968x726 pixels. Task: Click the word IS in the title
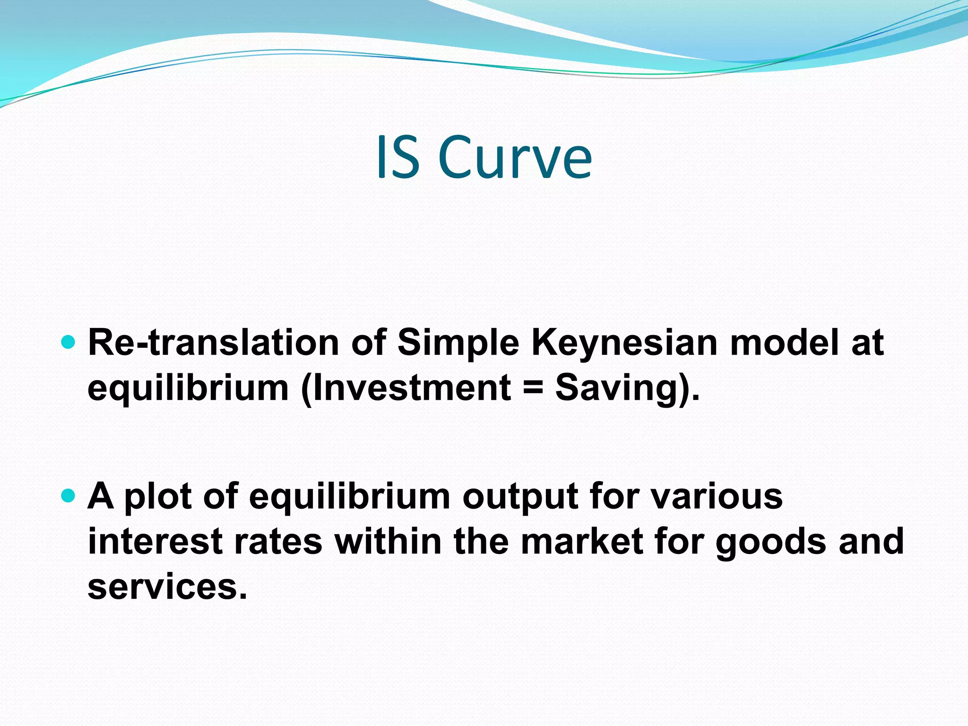tap(398, 157)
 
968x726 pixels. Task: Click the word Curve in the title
tap(515, 157)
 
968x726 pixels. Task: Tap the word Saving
tap(617, 388)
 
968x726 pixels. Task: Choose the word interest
tap(155, 542)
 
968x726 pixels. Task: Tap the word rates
tap(278, 542)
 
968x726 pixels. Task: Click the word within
tap(388, 542)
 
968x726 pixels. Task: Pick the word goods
tap(771, 542)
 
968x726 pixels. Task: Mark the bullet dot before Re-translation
tap(69, 342)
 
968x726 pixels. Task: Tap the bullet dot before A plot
tap(69, 496)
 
